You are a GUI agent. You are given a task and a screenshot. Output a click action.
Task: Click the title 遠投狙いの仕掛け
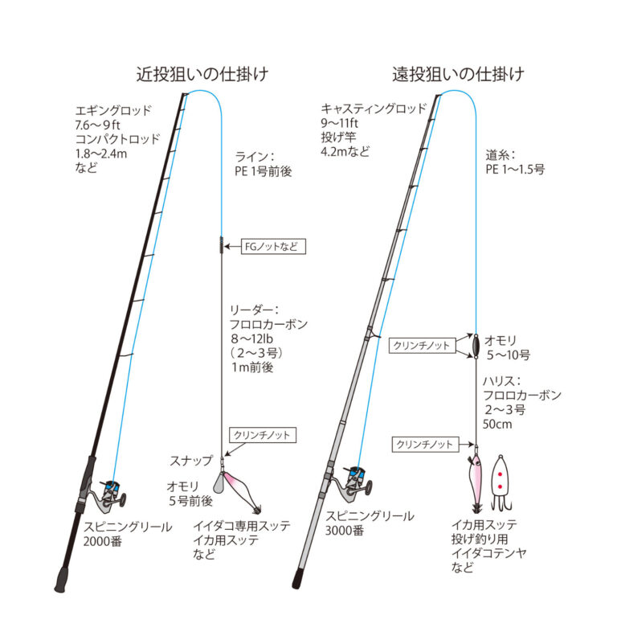(x=458, y=75)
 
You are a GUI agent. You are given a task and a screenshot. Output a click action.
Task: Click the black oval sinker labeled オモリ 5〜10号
(x=476, y=343)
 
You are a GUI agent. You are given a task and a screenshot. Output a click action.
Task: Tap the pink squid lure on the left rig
(x=244, y=489)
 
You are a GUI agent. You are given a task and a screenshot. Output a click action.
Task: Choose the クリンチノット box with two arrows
(x=420, y=344)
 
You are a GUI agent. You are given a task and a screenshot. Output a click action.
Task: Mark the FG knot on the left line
(x=220, y=245)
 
